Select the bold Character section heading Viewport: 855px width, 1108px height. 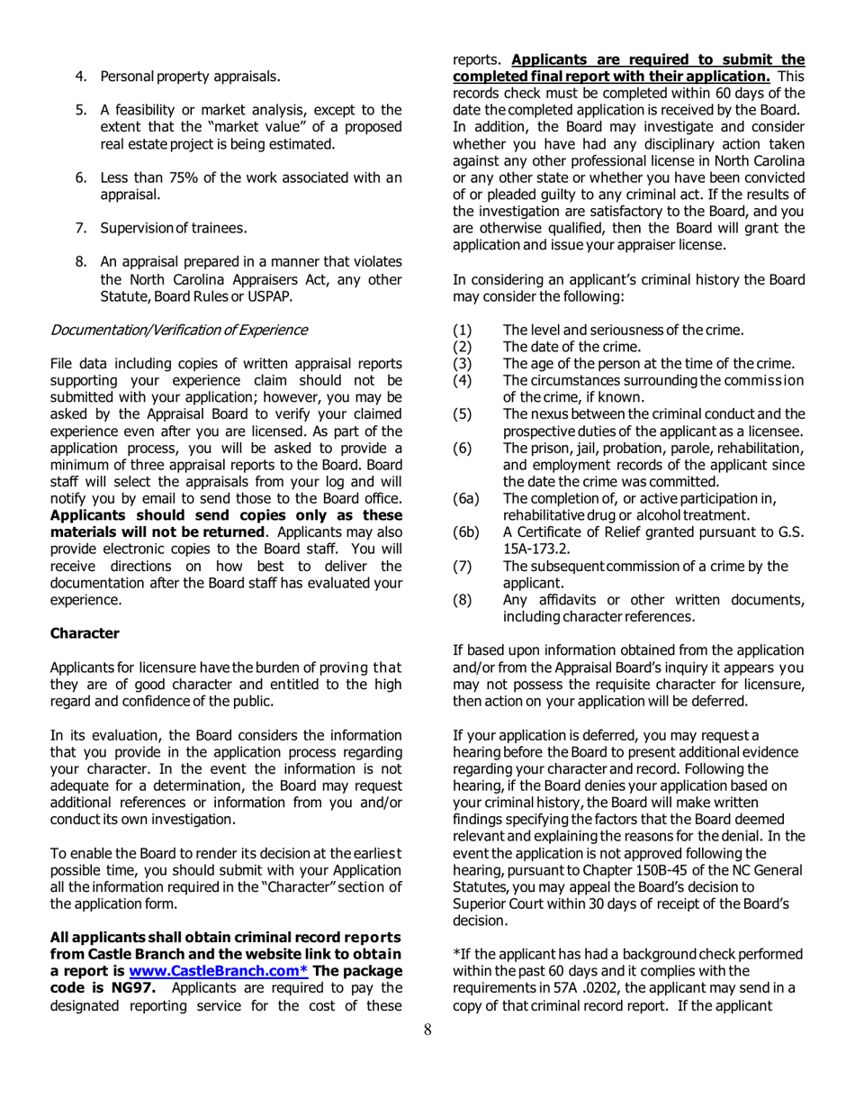tap(85, 632)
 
